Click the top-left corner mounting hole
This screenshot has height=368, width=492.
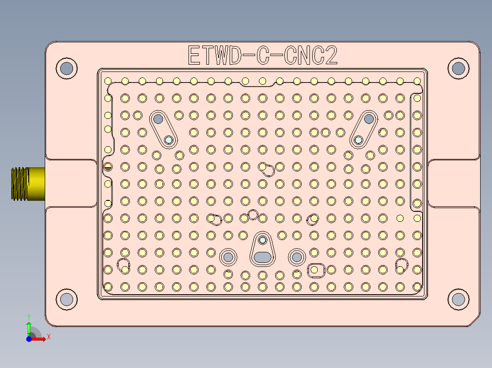(x=67, y=68)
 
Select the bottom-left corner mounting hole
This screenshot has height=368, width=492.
(x=67, y=299)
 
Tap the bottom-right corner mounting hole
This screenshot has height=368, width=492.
(x=458, y=299)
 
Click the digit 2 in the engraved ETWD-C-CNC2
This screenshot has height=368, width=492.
(x=331, y=56)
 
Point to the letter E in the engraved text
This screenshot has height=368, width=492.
(x=194, y=56)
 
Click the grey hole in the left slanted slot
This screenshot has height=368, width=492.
(x=158, y=119)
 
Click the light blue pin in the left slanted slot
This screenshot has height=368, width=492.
(x=169, y=140)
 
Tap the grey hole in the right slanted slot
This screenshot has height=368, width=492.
(x=369, y=119)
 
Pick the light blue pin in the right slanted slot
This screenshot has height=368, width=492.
(x=359, y=139)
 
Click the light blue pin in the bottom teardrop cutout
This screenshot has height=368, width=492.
(x=262, y=240)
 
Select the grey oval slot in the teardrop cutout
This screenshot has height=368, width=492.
(x=262, y=257)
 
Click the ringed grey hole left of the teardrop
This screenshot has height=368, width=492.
(x=228, y=257)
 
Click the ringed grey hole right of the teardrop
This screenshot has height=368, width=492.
(x=297, y=257)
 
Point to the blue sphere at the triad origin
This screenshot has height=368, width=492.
(x=29, y=339)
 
